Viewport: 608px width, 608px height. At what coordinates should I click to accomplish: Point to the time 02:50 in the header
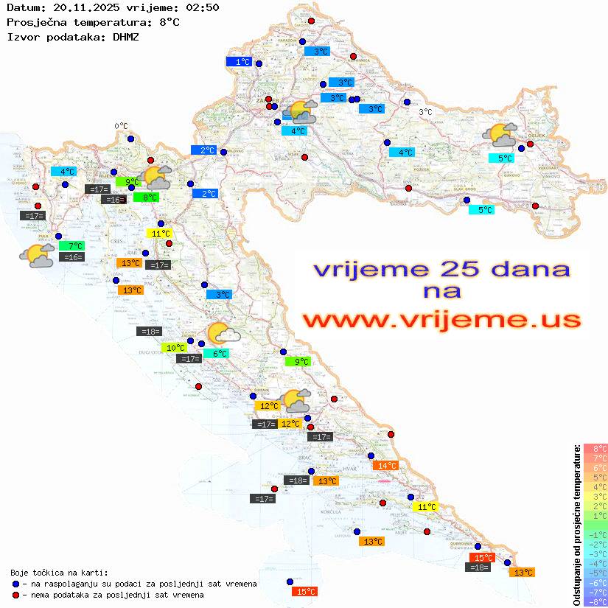[x=202, y=7]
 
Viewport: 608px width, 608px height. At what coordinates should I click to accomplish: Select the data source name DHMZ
[x=125, y=35]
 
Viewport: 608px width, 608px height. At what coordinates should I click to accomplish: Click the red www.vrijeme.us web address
[x=441, y=320]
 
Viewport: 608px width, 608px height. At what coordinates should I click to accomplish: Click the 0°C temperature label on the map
[x=121, y=126]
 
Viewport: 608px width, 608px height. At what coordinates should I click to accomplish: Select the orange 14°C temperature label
[x=385, y=465]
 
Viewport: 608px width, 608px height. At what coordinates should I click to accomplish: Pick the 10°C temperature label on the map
[x=175, y=348]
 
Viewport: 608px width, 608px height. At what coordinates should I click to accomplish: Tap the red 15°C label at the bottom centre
[x=305, y=591]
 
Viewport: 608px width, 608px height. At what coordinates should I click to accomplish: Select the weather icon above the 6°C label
[x=223, y=334]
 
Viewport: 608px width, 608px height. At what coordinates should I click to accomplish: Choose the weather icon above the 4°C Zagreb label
[x=301, y=112]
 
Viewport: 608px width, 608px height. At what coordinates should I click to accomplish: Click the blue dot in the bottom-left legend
[x=15, y=584]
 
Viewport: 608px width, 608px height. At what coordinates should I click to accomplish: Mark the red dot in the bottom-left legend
[x=15, y=595]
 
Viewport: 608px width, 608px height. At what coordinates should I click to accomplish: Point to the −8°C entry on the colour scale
[x=595, y=601]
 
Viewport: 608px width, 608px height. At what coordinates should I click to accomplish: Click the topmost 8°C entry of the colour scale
[x=595, y=449]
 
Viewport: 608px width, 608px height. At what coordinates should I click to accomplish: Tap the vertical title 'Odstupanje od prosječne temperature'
[x=576, y=525]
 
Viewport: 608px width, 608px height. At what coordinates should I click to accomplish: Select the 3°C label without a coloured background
[x=425, y=112]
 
